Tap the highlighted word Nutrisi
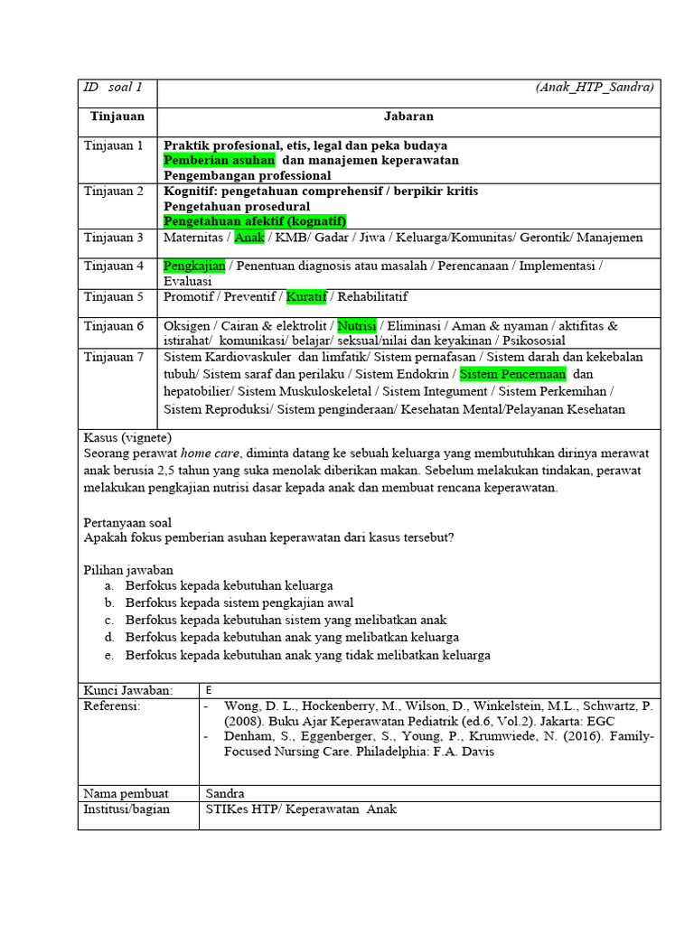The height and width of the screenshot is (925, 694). pyautogui.click(x=357, y=325)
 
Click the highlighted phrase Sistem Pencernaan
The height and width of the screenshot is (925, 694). pyautogui.click(x=512, y=373)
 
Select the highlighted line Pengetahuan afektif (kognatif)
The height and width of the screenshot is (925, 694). pyautogui.click(x=254, y=220)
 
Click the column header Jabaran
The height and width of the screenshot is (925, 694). pyautogui.click(x=408, y=117)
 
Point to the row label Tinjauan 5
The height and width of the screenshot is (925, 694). pyautogui.click(x=114, y=296)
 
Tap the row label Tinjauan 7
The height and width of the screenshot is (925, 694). pyautogui.click(x=114, y=357)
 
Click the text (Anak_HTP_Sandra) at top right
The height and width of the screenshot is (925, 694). pyautogui.click(x=594, y=88)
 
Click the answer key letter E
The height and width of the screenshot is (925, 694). pyautogui.click(x=209, y=689)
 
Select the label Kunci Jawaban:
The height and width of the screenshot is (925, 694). pyautogui.click(x=127, y=689)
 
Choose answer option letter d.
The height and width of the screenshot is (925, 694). pyautogui.click(x=108, y=638)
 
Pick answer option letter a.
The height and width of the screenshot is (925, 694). pyautogui.click(x=108, y=585)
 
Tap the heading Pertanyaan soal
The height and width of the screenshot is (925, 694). pyautogui.click(x=127, y=522)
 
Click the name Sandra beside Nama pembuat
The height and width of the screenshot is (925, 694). pyautogui.click(x=225, y=793)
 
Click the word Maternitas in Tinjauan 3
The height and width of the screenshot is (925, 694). pyautogui.click(x=194, y=238)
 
